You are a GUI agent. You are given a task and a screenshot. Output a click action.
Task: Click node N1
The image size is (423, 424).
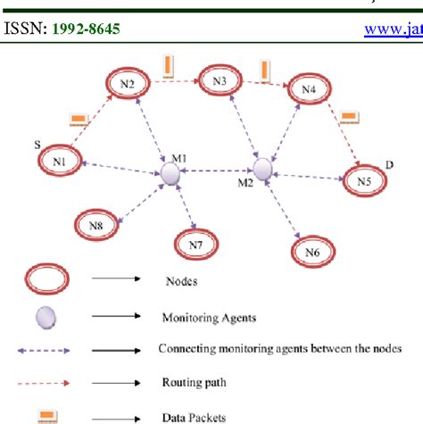60,162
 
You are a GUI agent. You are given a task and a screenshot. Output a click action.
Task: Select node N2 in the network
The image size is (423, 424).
129,82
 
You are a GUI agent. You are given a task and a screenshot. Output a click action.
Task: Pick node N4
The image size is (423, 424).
308,89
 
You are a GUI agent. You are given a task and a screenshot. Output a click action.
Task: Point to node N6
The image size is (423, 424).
311,253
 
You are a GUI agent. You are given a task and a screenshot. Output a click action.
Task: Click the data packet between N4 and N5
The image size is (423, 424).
350,116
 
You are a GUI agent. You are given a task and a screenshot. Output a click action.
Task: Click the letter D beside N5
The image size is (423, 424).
386,163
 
